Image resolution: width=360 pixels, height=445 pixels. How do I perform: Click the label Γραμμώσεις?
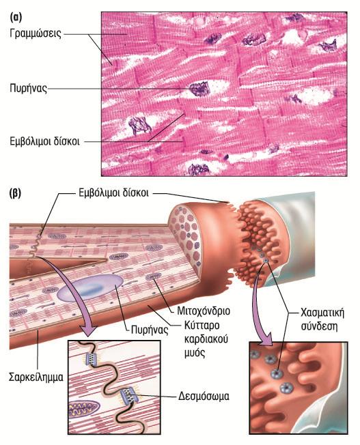click(x=36, y=33)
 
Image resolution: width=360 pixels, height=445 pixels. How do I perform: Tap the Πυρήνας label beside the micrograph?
click(x=28, y=88)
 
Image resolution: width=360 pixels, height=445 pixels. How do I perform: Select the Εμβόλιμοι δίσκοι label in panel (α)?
click(x=44, y=141)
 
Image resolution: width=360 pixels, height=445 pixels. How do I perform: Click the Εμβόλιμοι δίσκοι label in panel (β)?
click(x=113, y=193)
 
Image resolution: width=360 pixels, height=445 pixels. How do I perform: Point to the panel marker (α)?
click(x=16, y=18)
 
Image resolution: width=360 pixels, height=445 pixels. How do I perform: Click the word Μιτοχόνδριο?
click(x=204, y=311)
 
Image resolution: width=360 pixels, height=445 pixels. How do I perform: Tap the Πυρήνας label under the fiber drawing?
click(x=150, y=330)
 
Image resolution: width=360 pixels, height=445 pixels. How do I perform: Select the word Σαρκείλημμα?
click(x=36, y=377)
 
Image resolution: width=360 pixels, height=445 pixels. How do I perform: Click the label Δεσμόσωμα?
click(x=204, y=396)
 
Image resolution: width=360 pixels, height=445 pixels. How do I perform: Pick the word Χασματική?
click(x=322, y=313)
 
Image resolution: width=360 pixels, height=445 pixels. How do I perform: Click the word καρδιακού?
click(x=206, y=339)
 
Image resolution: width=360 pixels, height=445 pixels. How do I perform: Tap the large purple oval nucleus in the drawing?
click(x=90, y=288)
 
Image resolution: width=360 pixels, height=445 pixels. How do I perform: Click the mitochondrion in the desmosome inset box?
click(x=84, y=410)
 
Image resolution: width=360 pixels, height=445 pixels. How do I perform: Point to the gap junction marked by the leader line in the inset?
click(x=277, y=373)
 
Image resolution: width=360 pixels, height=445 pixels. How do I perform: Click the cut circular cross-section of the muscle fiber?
click(x=184, y=238)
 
